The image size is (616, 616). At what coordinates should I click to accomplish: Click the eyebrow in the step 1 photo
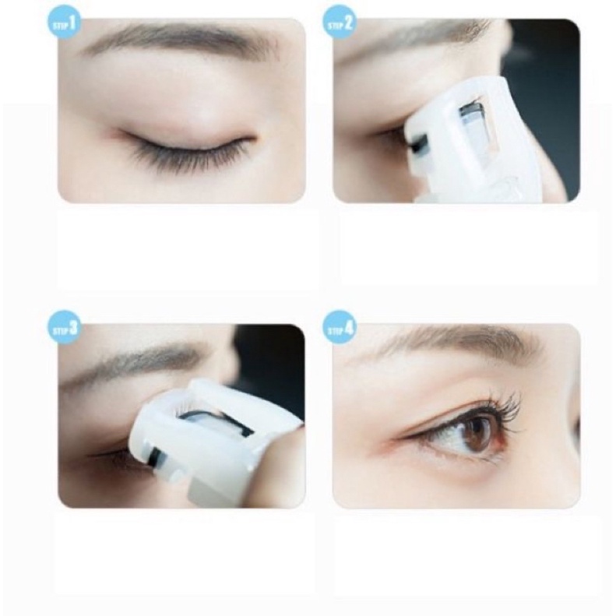click(179, 39)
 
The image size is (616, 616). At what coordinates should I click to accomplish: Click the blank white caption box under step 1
click(187, 249)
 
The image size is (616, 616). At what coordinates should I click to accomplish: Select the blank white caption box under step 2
click(467, 249)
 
